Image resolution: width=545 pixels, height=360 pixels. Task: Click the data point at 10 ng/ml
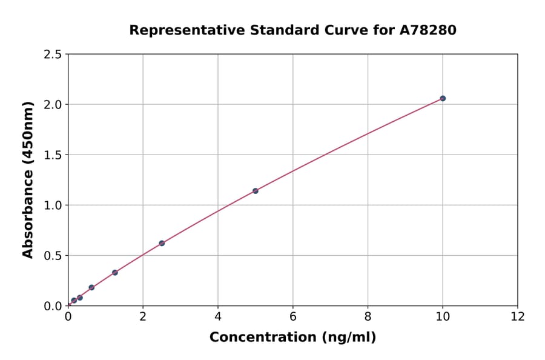(x=443, y=98)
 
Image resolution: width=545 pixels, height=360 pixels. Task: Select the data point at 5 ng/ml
(x=256, y=191)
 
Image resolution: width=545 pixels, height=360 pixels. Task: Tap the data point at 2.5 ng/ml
(x=162, y=243)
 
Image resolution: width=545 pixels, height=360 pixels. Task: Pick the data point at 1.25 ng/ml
(x=115, y=273)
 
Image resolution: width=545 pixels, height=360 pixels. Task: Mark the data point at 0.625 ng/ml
(x=91, y=287)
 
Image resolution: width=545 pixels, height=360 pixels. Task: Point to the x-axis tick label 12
(x=518, y=316)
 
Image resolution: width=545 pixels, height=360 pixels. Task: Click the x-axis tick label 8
(x=368, y=316)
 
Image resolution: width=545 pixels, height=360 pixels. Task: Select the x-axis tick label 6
(x=293, y=316)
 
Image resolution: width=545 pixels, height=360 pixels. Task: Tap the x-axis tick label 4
(x=218, y=316)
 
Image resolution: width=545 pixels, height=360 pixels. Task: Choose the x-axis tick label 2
(x=143, y=316)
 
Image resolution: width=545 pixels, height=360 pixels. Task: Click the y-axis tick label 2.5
(x=53, y=55)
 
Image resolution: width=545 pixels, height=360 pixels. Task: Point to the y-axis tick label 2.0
(x=53, y=105)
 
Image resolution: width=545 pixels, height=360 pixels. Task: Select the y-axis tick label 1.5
(x=53, y=155)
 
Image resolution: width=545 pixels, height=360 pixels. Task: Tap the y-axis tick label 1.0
(x=53, y=205)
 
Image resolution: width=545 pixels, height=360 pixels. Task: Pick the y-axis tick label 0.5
(x=53, y=256)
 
